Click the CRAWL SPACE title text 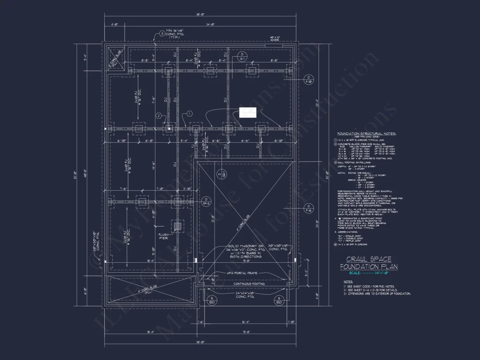tap(369, 259)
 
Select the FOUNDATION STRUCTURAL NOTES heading tap(366, 134)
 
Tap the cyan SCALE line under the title tap(369, 273)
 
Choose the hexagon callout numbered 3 tap(162, 33)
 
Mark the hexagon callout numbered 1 tap(189, 113)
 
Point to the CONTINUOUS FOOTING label tap(249, 284)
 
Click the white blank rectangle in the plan tap(247, 113)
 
